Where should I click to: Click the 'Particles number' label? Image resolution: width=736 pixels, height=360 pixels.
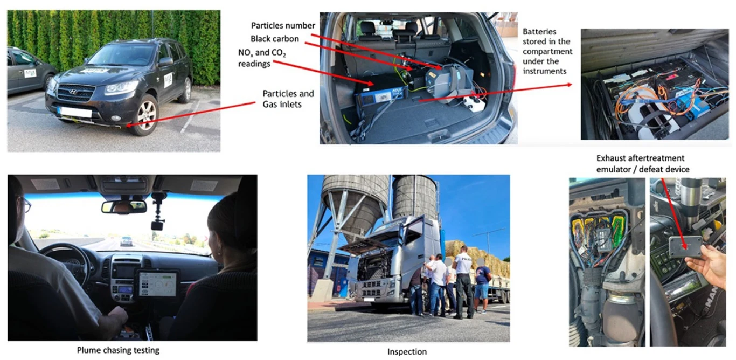[283, 26]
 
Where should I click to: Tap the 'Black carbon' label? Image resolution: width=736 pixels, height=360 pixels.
[275, 39]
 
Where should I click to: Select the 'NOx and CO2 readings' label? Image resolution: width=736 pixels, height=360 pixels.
[262, 58]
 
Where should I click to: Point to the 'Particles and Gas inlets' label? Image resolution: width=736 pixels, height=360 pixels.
[288, 99]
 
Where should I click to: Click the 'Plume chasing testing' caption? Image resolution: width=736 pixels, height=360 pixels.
[118, 350]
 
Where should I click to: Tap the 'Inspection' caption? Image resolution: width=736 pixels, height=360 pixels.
[407, 352]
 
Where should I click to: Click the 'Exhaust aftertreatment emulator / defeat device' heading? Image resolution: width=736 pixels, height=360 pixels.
[643, 164]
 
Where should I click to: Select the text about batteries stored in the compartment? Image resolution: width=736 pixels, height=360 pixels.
[547, 51]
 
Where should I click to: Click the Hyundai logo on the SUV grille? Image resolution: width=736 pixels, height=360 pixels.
[73, 92]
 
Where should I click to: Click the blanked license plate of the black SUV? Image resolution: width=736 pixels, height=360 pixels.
[75, 112]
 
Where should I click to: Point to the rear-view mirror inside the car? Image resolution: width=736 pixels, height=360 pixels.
[124, 207]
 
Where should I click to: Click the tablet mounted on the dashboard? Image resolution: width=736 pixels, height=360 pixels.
[157, 284]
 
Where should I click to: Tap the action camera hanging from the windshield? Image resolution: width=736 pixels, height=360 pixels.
[157, 225]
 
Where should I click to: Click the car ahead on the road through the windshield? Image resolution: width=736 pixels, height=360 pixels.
[126, 241]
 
